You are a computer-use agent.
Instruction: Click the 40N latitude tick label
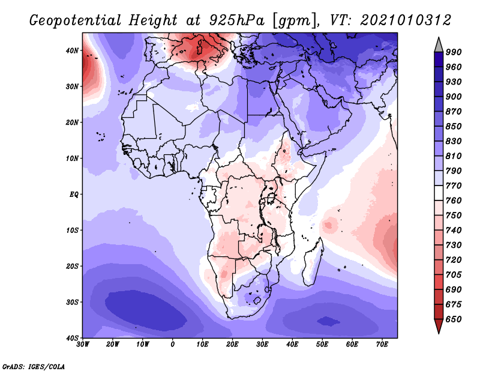[72, 50]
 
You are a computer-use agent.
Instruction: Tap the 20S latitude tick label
[72, 266]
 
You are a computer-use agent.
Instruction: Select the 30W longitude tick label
[83, 344]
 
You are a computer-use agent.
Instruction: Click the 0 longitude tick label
[173, 344]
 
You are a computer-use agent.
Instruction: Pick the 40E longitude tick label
[292, 344]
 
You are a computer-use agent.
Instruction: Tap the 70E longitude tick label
[382, 344]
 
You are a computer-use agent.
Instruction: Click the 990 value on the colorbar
[453, 52]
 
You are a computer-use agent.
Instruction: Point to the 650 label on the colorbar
[453, 319]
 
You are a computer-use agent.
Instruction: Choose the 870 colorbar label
[453, 112]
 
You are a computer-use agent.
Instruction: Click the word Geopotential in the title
[73, 20]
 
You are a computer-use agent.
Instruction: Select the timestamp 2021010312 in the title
[406, 20]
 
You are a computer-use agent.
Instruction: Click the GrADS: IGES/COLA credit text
[33, 366]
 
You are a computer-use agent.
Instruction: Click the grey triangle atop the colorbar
[439, 43]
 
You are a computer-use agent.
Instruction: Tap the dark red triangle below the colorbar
[439, 327]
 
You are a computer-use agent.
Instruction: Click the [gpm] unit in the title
[289, 20]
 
